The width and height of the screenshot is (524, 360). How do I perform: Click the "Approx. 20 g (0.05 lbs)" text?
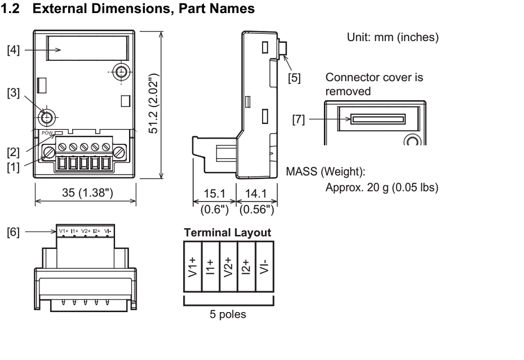382,187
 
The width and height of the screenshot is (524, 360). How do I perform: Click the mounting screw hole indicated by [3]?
47,117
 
